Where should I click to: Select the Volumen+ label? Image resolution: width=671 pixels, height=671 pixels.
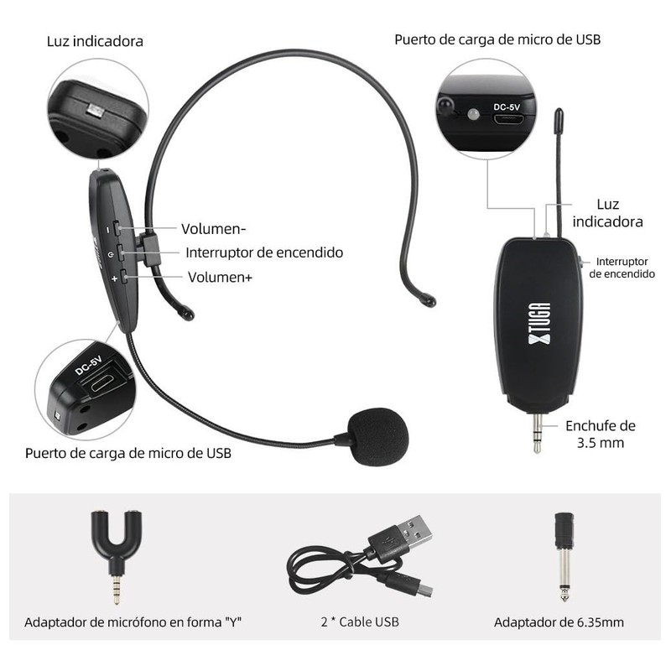[x=220, y=277]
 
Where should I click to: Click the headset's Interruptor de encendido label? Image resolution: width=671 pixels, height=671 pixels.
[x=264, y=252]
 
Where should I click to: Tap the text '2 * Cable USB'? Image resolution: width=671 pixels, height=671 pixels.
[x=359, y=622]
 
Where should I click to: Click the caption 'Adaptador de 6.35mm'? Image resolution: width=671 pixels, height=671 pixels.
[x=558, y=622]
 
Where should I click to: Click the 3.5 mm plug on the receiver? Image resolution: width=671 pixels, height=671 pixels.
[x=537, y=432]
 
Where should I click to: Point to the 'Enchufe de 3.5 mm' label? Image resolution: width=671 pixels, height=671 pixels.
[x=600, y=434]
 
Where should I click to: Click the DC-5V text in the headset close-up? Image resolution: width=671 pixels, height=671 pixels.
[x=88, y=366]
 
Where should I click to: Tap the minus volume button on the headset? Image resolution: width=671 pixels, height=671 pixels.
[x=117, y=228]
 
